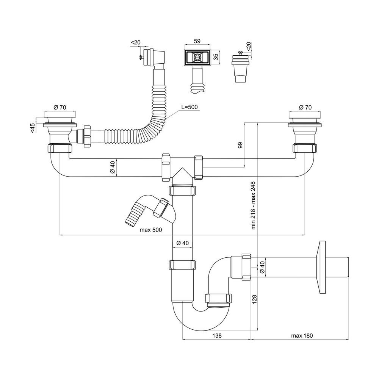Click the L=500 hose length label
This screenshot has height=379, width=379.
point(190,107)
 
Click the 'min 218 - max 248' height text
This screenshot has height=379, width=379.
point(253,205)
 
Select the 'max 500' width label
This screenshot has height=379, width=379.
point(150,230)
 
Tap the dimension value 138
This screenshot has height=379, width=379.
point(217,335)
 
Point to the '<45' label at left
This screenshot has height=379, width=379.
point(33,128)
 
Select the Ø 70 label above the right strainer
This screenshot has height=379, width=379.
point(306,108)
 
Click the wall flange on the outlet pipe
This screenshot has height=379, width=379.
point(323,268)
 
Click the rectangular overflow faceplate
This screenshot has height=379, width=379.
point(197,57)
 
